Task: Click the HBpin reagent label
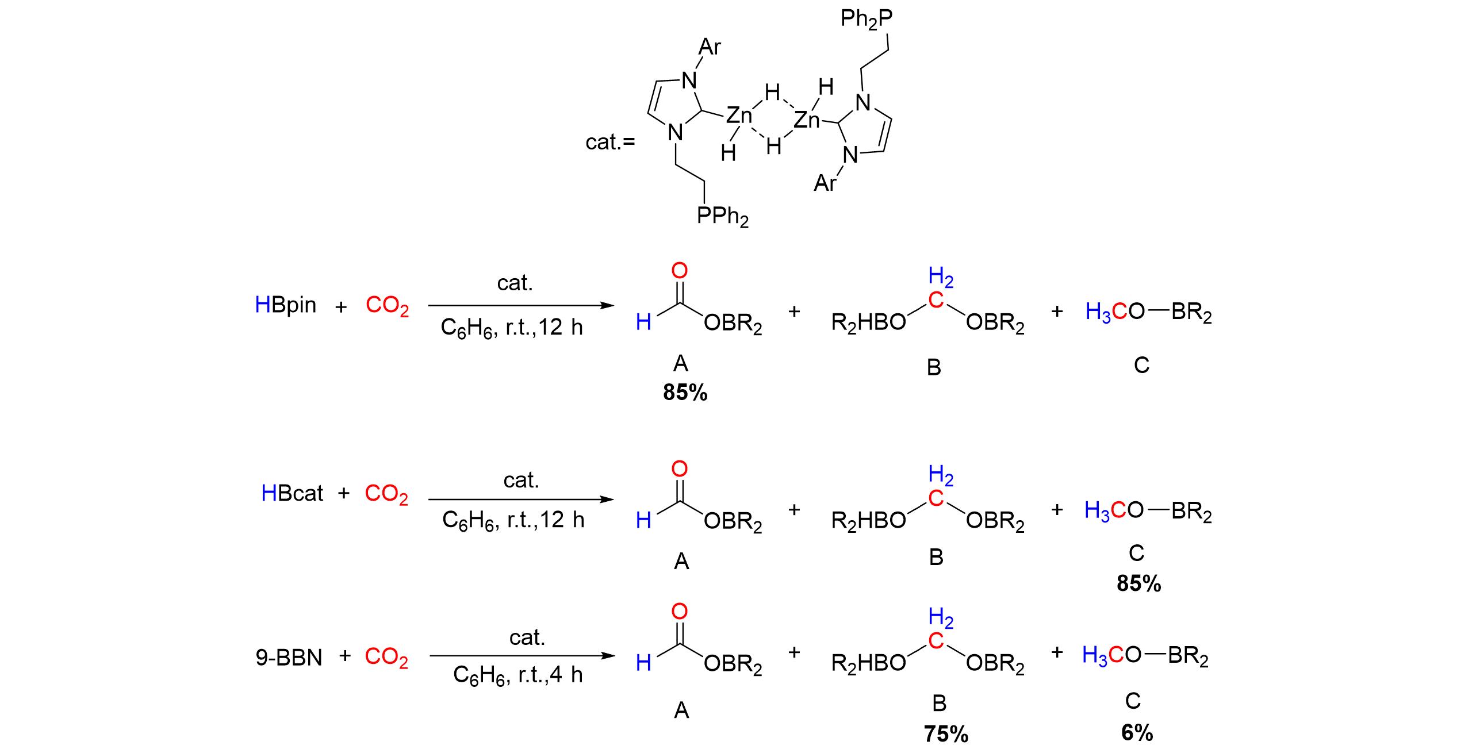[x=285, y=305]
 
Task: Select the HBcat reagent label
[x=292, y=494]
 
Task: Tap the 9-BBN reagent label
[x=289, y=658]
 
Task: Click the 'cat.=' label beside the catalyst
[x=610, y=141]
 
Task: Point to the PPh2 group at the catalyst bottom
[x=723, y=217]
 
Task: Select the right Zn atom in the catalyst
[x=806, y=121]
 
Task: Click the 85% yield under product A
[x=685, y=393]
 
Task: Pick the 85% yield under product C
[x=1138, y=584]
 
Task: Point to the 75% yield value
[x=946, y=735]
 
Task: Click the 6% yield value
[x=1137, y=733]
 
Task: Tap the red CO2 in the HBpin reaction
[x=387, y=306]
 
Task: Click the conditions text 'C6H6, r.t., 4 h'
[x=517, y=675]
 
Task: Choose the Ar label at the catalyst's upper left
[x=710, y=47]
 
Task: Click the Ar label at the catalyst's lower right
[x=825, y=184]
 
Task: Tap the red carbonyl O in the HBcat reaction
[x=679, y=469]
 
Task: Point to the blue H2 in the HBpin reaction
[x=941, y=279]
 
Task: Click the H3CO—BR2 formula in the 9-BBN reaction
[x=1145, y=656]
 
